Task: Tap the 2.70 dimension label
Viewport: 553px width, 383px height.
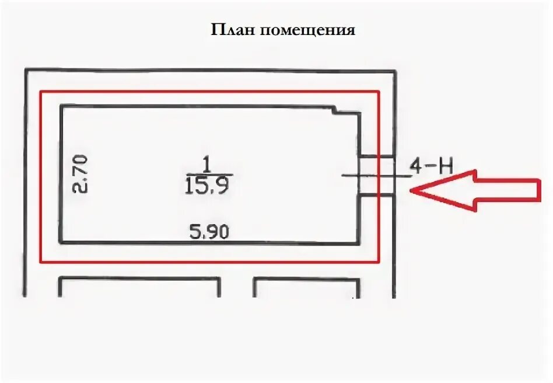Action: coord(80,173)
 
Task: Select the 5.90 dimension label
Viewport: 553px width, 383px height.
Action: coord(209,232)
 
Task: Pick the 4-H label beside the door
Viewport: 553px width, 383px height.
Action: coord(432,166)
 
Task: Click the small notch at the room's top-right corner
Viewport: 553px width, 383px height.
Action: coord(337,109)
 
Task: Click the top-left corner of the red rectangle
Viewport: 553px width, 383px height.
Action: coord(40,92)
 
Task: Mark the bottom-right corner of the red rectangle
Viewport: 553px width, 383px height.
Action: coord(379,262)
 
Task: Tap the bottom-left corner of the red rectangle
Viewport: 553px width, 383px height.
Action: coord(40,262)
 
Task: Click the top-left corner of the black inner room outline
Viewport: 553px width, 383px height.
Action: coord(60,106)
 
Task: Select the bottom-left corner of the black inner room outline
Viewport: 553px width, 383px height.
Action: coord(60,242)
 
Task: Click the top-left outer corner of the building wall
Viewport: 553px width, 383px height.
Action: coord(24,70)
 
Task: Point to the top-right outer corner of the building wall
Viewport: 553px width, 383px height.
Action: coord(395,70)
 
